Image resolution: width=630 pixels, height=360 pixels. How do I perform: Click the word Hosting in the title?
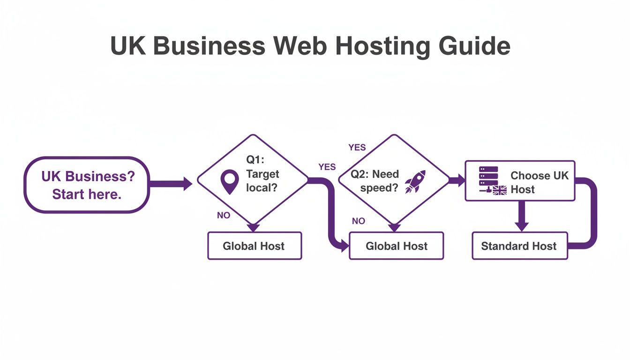378,46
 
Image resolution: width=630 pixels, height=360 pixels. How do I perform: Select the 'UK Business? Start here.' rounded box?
87,185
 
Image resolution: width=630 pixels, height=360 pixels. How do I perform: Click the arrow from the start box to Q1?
171,184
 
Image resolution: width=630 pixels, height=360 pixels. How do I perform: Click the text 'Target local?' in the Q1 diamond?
262,181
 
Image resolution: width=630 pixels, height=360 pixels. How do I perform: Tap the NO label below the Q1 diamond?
224,216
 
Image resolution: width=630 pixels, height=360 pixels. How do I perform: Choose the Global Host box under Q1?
254,246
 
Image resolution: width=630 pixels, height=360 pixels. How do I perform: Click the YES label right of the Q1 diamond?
327,167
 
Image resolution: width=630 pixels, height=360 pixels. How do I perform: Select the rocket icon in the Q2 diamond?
415,181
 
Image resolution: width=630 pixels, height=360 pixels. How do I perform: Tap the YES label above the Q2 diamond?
357,148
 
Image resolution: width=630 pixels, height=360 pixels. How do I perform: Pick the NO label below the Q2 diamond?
358,221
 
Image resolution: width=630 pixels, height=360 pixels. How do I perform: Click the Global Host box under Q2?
396,246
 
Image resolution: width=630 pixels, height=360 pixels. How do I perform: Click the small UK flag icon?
500,190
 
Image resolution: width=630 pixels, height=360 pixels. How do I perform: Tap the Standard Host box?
519,246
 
